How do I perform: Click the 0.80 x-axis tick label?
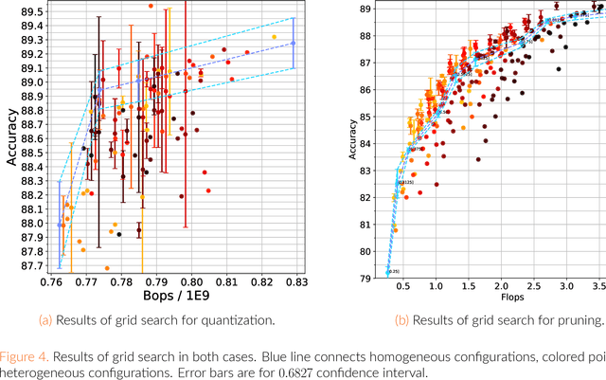click(x=193, y=282)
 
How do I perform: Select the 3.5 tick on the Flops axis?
click(x=597, y=286)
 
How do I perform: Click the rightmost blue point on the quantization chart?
click(x=294, y=43)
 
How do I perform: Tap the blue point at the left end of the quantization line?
click(x=60, y=225)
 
